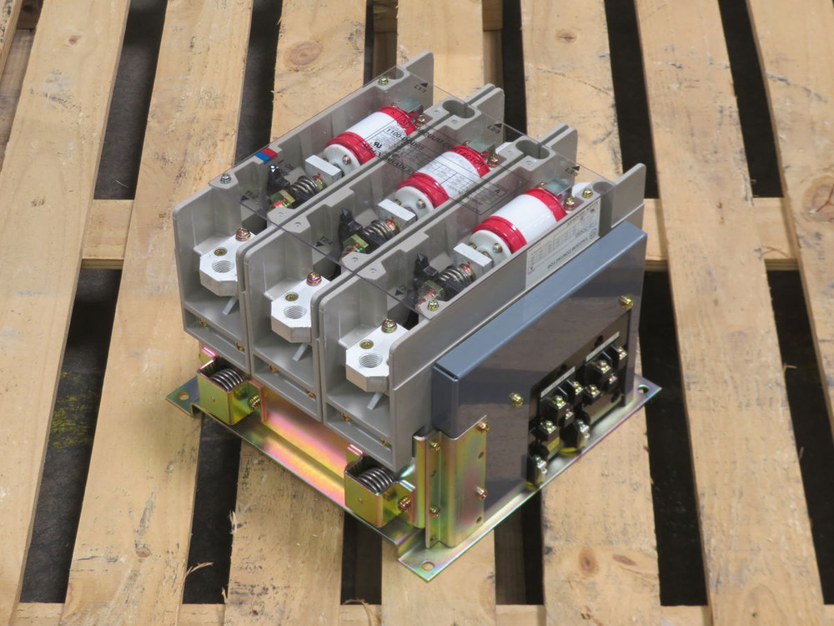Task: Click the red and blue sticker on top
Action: click(266, 155)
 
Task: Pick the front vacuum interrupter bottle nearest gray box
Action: click(517, 220)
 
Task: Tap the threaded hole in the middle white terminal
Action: click(295, 311)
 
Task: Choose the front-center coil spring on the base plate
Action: click(375, 479)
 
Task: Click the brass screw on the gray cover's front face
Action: click(516, 399)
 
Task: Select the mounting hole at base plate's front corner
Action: click(427, 565)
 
